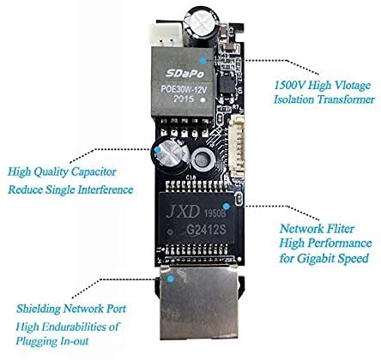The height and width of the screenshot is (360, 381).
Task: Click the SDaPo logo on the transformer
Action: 185,74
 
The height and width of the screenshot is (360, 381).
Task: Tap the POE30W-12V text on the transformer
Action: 184,89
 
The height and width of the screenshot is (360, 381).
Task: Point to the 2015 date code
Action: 184,99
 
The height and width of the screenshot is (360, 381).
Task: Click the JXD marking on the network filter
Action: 183,212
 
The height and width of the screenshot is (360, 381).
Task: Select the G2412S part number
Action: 207,229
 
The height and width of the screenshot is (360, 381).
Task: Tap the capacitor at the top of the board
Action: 202,27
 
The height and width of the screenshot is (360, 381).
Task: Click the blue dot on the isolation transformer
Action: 203,61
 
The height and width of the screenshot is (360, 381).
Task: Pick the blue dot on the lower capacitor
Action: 158,149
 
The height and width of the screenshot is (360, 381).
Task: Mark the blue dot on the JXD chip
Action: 227,206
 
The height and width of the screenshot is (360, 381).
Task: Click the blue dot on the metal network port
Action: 171,279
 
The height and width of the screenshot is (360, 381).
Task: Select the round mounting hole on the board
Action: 203,159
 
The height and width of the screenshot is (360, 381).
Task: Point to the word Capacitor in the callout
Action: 94,171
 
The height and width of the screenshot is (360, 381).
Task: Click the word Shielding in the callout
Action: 39,309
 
